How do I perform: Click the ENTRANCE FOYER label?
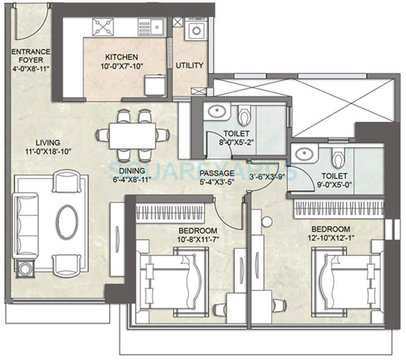click(31, 52)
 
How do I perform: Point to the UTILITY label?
click(190, 65)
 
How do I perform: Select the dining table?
click(133, 135)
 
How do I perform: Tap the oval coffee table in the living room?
click(67, 222)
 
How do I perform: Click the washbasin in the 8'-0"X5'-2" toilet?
click(217, 112)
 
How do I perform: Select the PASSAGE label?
click(217, 173)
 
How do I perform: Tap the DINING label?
click(132, 171)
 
